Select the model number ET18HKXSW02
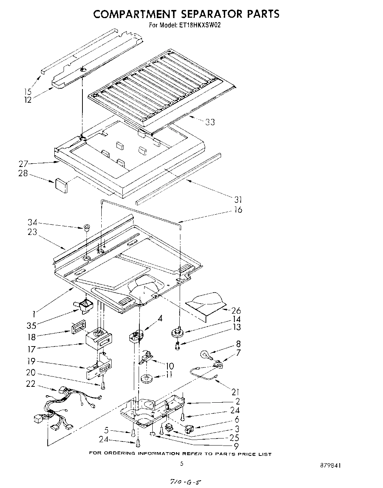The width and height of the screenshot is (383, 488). (x=200, y=25)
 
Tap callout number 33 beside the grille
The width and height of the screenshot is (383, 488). (x=210, y=122)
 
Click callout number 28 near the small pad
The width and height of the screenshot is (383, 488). (x=23, y=173)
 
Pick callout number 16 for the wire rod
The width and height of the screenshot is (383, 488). (x=238, y=210)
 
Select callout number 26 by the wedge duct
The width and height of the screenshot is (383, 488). (x=236, y=311)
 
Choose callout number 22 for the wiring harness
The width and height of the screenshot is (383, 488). (x=31, y=384)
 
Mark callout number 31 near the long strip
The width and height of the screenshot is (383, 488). (x=238, y=199)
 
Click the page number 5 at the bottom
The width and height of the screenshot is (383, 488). (x=182, y=464)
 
